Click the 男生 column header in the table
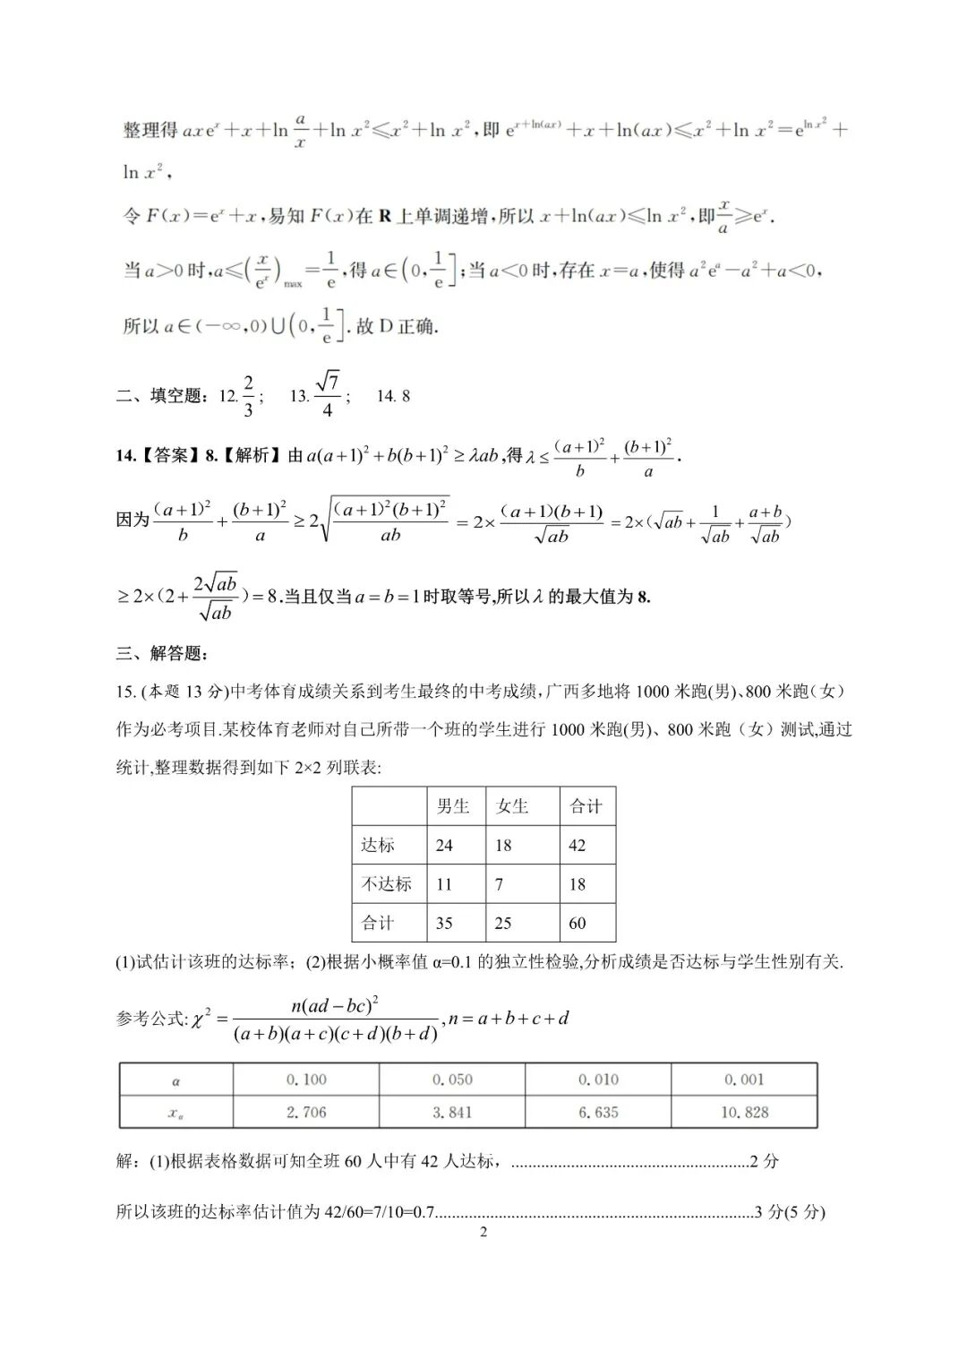[x=453, y=806]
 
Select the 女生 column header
[x=512, y=806]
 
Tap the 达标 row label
[x=378, y=845]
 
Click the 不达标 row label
[x=386, y=883]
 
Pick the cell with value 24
[x=444, y=845]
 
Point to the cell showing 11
[x=444, y=884]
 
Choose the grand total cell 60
[x=578, y=923]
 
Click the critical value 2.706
[x=306, y=1112]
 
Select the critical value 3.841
[x=452, y=1112]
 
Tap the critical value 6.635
[x=598, y=1112]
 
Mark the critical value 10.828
[x=744, y=1112]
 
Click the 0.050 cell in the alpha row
[x=452, y=1080]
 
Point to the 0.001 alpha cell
[x=744, y=1080]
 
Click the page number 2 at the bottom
[x=483, y=1232]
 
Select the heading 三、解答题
[x=162, y=653]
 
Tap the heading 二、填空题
[x=162, y=396]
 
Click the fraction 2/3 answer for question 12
[x=249, y=396]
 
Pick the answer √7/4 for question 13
[x=327, y=396]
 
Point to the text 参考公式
[x=150, y=1019]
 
